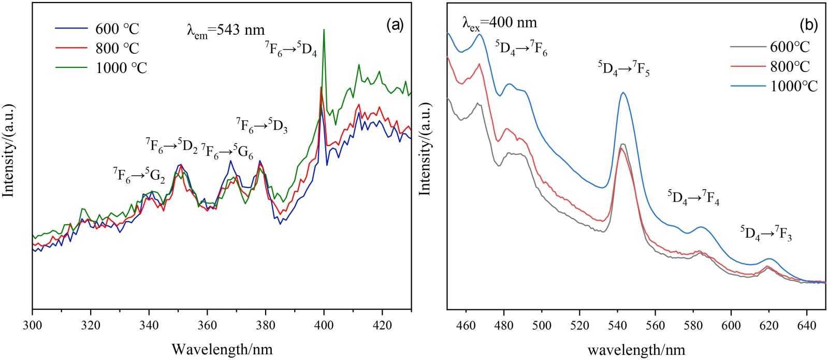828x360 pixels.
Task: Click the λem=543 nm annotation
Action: pyautogui.click(x=226, y=30)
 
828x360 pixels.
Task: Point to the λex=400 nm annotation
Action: pyautogui.click(x=499, y=23)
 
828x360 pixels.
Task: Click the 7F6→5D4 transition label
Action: pyautogui.click(x=291, y=50)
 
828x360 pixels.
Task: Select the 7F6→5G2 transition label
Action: pyautogui.click(x=139, y=176)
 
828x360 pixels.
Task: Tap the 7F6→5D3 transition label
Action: pyautogui.click(x=262, y=126)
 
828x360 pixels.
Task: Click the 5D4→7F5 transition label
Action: pyautogui.click(x=624, y=68)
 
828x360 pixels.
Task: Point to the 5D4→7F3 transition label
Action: pyautogui.click(x=766, y=234)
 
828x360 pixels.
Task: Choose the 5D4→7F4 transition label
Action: pyautogui.click(x=693, y=198)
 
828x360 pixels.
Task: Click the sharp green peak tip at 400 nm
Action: pyautogui.click(x=324, y=30)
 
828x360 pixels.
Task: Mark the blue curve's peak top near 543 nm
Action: pyautogui.click(x=623, y=93)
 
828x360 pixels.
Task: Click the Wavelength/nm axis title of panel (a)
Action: pyautogui.click(x=222, y=349)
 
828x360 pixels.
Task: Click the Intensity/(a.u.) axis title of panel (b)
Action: pyautogui.click(x=425, y=149)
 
